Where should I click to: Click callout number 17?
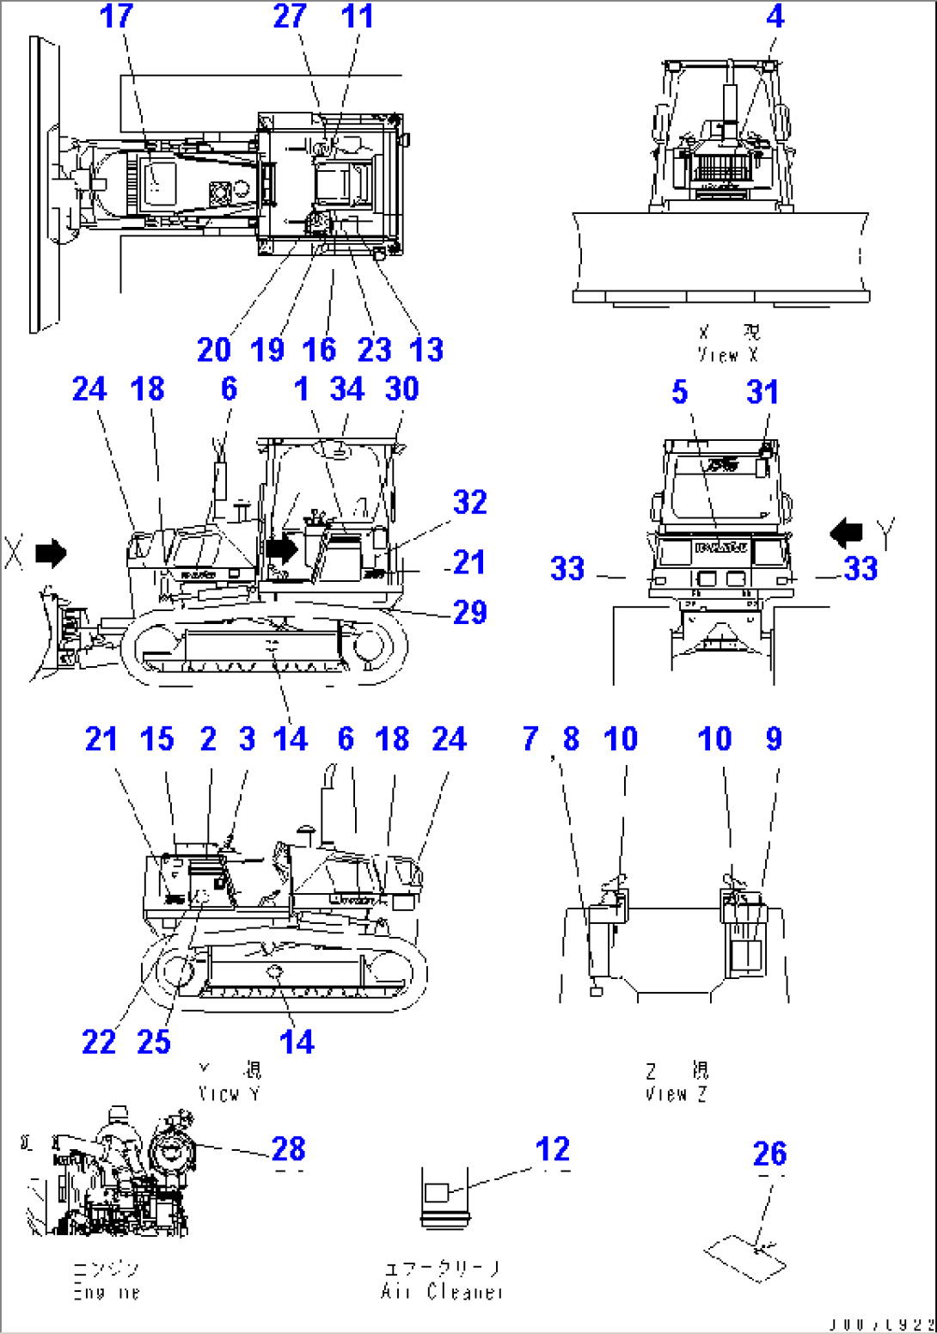pyautogui.click(x=117, y=16)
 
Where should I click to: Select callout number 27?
pyautogui.click(x=290, y=16)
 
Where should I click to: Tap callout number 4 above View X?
pyautogui.click(x=775, y=16)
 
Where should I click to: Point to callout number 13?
pyautogui.click(x=426, y=350)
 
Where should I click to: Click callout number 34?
pyautogui.click(x=347, y=389)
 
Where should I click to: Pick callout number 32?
pyautogui.click(x=469, y=503)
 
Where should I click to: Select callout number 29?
pyautogui.click(x=469, y=613)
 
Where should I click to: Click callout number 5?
pyautogui.click(x=679, y=393)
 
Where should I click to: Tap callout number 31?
pyautogui.click(x=762, y=393)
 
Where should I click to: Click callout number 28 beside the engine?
pyautogui.click(x=288, y=1149)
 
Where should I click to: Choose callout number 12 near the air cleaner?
pyautogui.click(x=552, y=1150)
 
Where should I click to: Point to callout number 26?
pyautogui.click(x=769, y=1154)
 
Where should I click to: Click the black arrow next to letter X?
pyautogui.click(x=51, y=554)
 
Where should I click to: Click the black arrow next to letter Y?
pyautogui.click(x=847, y=533)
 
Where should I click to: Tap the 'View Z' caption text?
pyautogui.click(x=677, y=1094)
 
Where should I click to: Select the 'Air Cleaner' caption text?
pyautogui.click(x=442, y=1291)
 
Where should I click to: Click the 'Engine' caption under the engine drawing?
pyautogui.click(x=106, y=1291)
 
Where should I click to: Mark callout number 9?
pyautogui.click(x=774, y=739)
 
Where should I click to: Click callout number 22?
pyautogui.click(x=99, y=1043)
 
